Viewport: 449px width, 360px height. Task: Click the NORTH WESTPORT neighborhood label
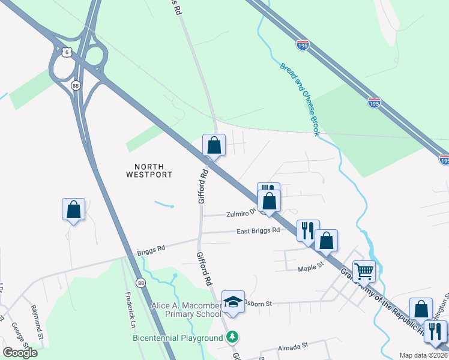149,170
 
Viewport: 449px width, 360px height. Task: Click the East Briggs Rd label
258,231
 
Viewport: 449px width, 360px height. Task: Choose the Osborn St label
259,304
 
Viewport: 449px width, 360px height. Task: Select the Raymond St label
37,321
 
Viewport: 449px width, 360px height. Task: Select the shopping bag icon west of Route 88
73,209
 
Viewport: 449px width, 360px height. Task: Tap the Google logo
20,353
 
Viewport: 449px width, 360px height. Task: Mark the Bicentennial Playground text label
178,338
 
